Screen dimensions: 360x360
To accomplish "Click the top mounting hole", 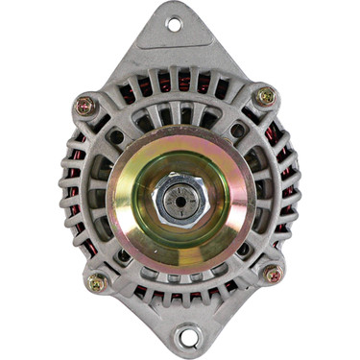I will coord(174,24).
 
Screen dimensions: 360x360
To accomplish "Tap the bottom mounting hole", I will coord(188,337).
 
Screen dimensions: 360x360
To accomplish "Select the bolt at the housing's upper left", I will coord(84,106).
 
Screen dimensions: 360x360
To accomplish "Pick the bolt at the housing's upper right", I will coord(264,96).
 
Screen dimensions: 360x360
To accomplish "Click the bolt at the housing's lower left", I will coord(96,282).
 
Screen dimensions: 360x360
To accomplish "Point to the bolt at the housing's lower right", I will coord(273,274).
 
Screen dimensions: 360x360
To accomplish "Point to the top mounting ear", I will coord(174,38).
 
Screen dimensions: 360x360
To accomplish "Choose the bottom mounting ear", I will coord(188,322).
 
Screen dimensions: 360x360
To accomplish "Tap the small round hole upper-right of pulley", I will coord(236,131).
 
